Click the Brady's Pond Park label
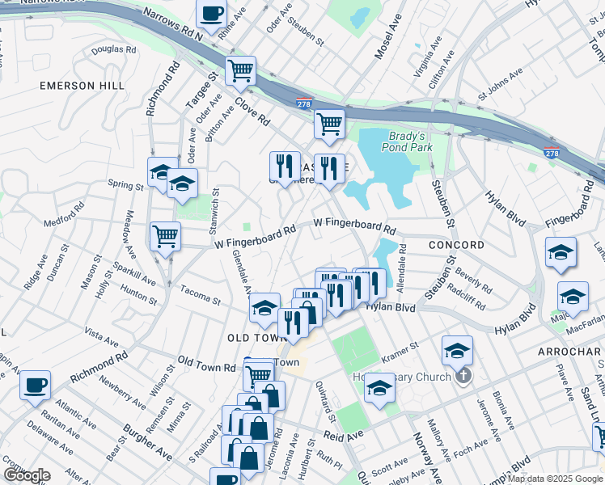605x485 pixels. click(410, 141)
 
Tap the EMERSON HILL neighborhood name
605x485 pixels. click(82, 85)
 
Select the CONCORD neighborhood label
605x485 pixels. click(457, 245)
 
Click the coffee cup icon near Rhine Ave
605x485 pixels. click(212, 15)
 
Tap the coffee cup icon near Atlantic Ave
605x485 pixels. click(34, 386)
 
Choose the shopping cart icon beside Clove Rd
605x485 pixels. click(240, 71)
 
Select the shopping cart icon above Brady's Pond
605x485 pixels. click(329, 124)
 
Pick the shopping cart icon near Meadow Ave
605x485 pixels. click(165, 237)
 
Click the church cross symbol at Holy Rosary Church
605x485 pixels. click(463, 375)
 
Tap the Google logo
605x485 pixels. click(27, 475)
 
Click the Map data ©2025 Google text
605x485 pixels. click(556, 479)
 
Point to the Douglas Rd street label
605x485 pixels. click(113, 49)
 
